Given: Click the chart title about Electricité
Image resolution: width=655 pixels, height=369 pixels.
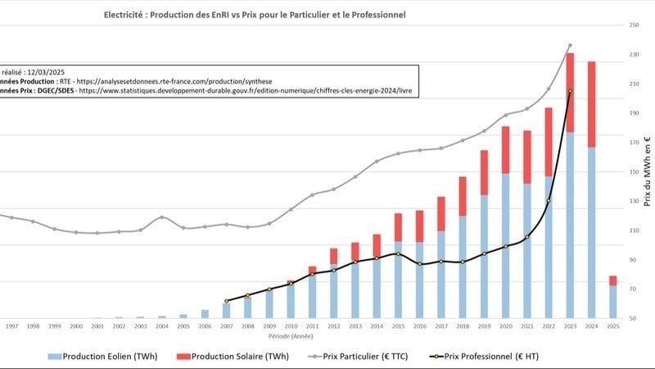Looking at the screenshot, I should [x=255, y=16].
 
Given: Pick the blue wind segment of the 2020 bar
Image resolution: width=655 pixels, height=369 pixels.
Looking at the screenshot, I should [x=506, y=246].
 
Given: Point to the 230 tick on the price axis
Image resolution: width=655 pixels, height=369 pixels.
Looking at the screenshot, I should [x=634, y=54].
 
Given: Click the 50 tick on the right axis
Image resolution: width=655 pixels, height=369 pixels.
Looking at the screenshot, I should [x=634, y=318].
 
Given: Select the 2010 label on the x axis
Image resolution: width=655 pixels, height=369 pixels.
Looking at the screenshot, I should [x=291, y=326].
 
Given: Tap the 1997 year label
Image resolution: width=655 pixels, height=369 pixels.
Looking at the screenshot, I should [x=12, y=326].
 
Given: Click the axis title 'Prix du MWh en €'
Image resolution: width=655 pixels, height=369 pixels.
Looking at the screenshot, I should [x=648, y=173].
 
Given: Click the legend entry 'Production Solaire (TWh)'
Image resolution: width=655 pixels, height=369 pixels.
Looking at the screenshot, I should [x=246, y=356].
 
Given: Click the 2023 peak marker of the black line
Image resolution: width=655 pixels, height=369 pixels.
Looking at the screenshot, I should [x=570, y=91].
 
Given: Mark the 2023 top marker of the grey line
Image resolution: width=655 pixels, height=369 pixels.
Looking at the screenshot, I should [x=570, y=46].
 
